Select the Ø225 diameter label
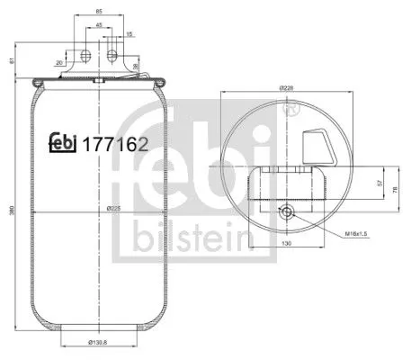114,208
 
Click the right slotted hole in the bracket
112,56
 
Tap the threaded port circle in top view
286,213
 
